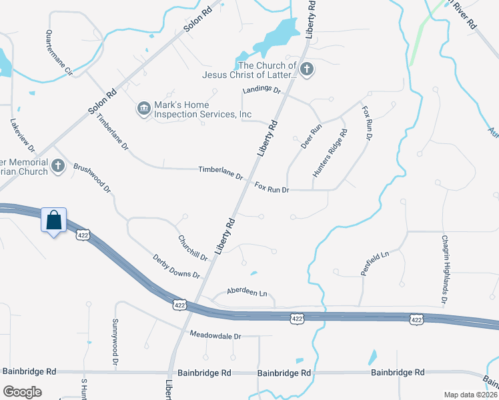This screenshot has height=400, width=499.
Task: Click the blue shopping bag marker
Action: click(53, 220)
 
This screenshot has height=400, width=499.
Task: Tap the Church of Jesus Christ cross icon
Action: click(306, 70)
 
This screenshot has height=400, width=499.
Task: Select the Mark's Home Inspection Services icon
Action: click(143, 109)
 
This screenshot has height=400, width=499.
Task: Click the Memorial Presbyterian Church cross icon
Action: click(58, 165)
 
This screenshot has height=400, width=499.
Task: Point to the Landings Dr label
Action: click(262, 90)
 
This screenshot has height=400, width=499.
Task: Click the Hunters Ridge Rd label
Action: click(330, 153)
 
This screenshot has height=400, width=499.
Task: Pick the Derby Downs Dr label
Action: click(176, 266)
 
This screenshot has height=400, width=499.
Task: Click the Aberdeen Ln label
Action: click(247, 292)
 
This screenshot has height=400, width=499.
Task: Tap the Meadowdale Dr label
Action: click(215, 336)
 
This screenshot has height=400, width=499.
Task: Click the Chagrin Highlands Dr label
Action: click(444, 270)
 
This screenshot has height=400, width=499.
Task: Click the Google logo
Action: click(22, 392)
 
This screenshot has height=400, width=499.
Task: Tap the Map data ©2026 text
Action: click(470, 395)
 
